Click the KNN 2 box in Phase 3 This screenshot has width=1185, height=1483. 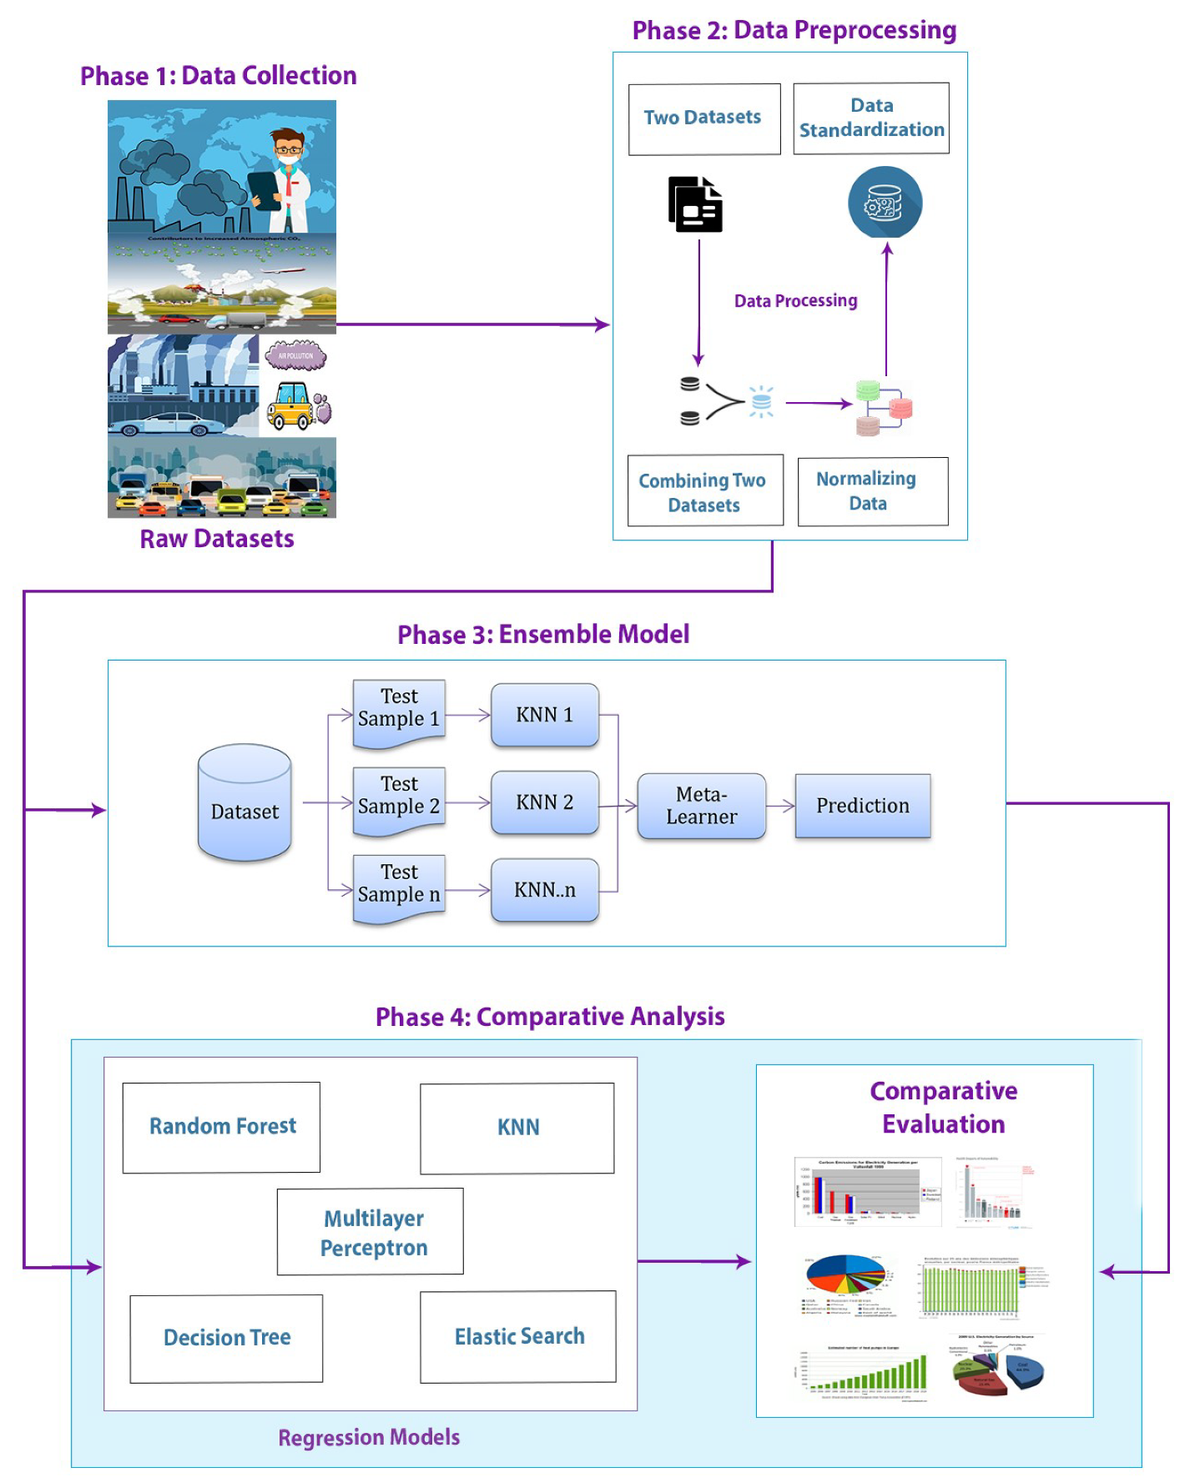(x=544, y=802)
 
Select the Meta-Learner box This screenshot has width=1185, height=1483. (x=701, y=806)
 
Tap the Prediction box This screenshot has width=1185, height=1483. (x=862, y=806)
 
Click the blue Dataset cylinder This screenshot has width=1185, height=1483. (x=245, y=803)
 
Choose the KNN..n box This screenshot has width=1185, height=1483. (x=544, y=890)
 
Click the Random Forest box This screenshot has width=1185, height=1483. (x=222, y=1127)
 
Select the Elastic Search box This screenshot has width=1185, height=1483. (x=518, y=1336)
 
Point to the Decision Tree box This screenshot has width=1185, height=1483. (x=226, y=1338)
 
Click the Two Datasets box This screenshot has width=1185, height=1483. (x=703, y=118)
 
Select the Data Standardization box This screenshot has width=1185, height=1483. (x=870, y=118)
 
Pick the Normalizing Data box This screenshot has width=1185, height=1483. (x=872, y=491)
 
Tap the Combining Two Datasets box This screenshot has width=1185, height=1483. (x=705, y=491)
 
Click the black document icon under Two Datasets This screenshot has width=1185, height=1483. (x=695, y=204)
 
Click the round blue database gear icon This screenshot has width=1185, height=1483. (x=885, y=203)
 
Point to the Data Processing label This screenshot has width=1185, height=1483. (x=795, y=301)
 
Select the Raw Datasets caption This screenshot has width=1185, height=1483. (x=217, y=539)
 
